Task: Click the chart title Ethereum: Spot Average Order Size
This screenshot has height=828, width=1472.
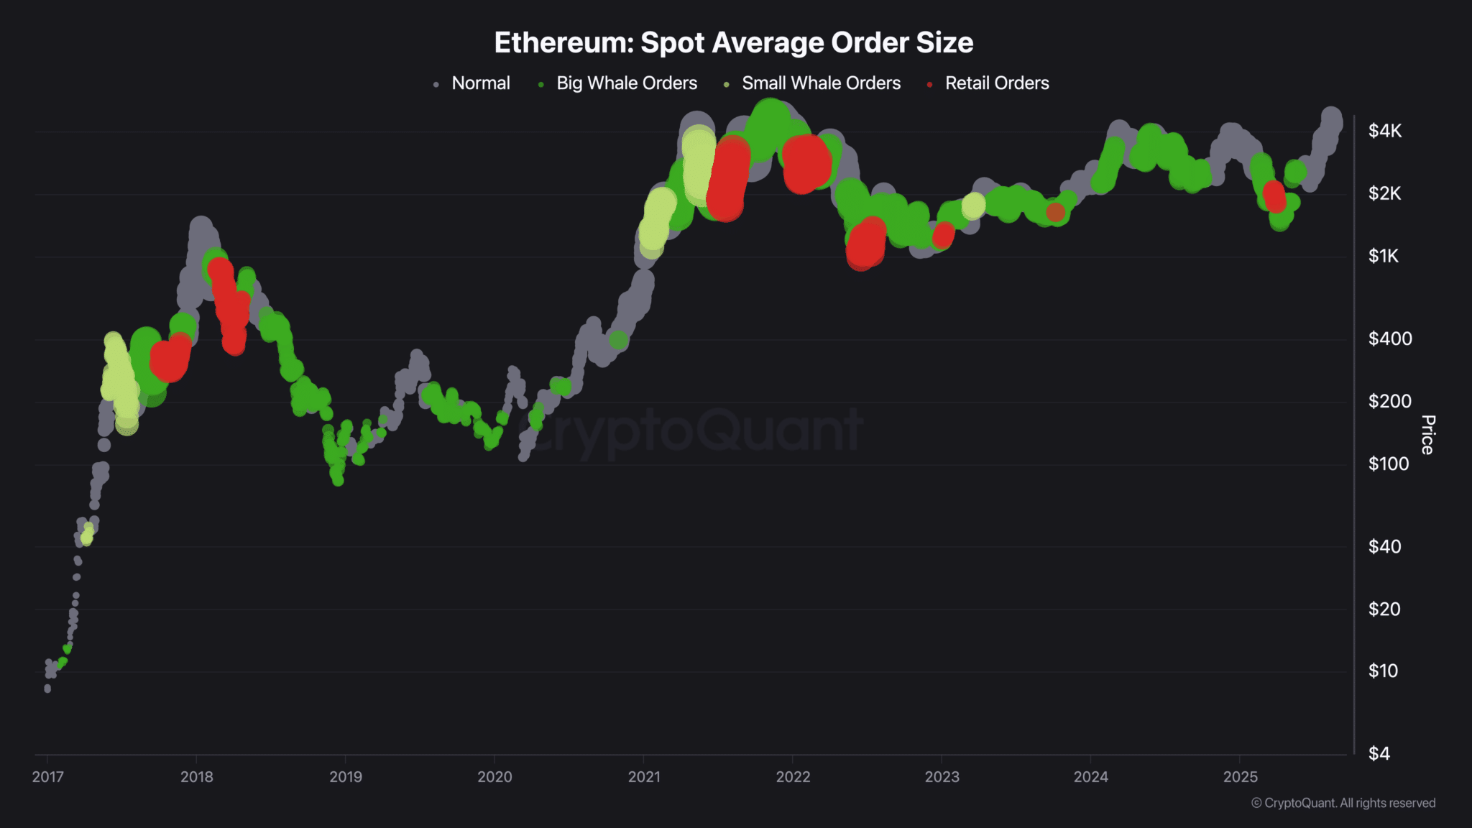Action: coord(733,42)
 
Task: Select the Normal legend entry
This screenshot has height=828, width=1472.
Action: coord(480,83)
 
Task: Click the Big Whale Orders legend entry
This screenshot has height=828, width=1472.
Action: coord(626,83)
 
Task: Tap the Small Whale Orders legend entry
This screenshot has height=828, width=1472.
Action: coord(820,83)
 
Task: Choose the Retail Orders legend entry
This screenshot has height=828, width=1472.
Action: coord(996,83)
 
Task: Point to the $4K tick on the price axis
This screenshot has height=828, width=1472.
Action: coord(1384,131)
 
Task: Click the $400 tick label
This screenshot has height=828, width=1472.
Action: coord(1389,339)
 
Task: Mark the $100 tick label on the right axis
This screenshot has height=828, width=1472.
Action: coord(1388,464)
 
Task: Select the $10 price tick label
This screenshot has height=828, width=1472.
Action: coord(1383,671)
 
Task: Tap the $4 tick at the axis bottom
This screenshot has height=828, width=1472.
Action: coord(1379,753)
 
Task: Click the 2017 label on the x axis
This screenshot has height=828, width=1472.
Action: coord(47,777)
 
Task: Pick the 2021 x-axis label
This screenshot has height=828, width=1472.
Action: coord(643,777)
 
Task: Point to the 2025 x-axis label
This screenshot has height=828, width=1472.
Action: coord(1240,777)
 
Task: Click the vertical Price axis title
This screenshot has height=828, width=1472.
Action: coord(1427,435)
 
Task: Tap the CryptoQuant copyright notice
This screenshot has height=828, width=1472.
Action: coord(1343,803)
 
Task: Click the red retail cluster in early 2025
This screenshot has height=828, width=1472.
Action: coord(1274,195)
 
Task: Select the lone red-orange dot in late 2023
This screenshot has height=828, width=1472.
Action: coord(1055,212)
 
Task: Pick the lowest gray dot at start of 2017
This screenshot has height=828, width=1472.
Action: coord(47,689)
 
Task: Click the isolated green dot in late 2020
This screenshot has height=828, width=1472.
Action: coord(618,340)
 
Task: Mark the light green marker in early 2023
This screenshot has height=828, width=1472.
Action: coord(973,206)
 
